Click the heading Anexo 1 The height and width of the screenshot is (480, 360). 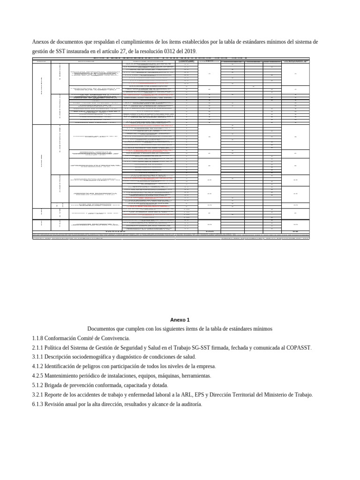180,320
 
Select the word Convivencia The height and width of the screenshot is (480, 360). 113,338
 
